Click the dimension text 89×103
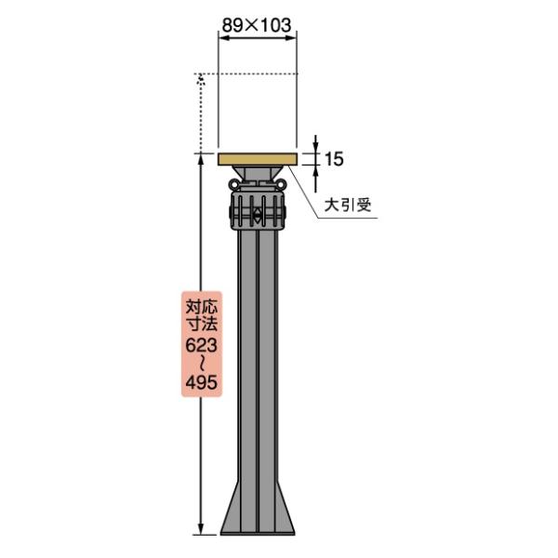[257, 25]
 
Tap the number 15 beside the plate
[334, 159]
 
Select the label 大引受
[348, 206]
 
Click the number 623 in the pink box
[202, 345]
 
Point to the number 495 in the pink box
[202, 382]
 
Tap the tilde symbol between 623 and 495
[202, 364]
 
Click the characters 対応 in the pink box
[202, 307]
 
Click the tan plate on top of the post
[257, 159]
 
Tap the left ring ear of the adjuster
[233, 184]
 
